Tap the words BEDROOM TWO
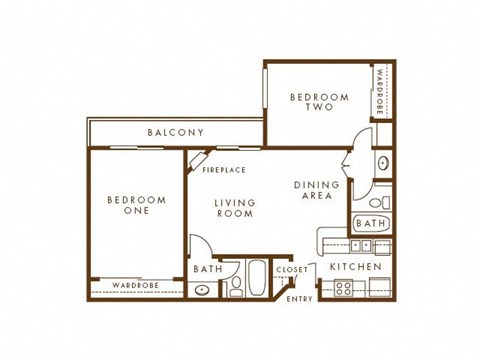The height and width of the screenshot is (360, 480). (x=319, y=104)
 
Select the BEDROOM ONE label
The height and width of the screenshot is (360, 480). (x=135, y=207)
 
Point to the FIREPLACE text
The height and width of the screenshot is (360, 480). (x=224, y=170)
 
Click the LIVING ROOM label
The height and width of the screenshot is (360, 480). (x=236, y=209)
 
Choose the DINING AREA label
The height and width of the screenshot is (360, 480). (x=317, y=192)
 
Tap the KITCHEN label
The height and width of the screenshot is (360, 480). (x=356, y=268)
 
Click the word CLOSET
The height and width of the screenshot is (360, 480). (x=291, y=269)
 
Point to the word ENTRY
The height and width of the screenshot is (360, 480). (x=299, y=299)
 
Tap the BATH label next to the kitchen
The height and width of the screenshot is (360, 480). (x=370, y=224)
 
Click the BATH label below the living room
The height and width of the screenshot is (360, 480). (x=208, y=269)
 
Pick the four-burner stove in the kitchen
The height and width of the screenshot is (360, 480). (x=343, y=289)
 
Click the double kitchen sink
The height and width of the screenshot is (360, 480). (x=358, y=245)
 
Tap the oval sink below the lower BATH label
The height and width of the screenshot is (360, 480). (x=204, y=290)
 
